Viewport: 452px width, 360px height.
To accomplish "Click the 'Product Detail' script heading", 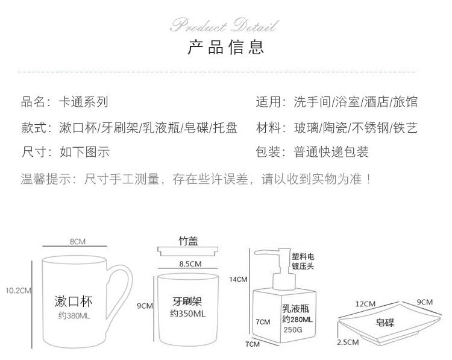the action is point(225,26).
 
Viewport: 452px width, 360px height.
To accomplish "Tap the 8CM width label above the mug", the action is point(77,241).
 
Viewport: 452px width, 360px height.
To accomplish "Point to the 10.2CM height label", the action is point(17,290).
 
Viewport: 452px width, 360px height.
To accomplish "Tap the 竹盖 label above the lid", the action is point(187,241).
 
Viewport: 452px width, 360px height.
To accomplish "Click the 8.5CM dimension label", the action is point(189,264).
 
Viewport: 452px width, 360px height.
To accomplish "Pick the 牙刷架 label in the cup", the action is point(187,301).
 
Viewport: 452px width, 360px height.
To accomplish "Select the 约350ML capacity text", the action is point(188,314).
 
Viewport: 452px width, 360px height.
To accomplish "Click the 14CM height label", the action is point(238,279).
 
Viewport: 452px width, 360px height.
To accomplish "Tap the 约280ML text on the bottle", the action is point(297,319).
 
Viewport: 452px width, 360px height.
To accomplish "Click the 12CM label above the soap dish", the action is point(365,303).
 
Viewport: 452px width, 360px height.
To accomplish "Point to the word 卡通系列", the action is point(84,102).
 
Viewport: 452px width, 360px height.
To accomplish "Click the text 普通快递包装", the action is point(331,151).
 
